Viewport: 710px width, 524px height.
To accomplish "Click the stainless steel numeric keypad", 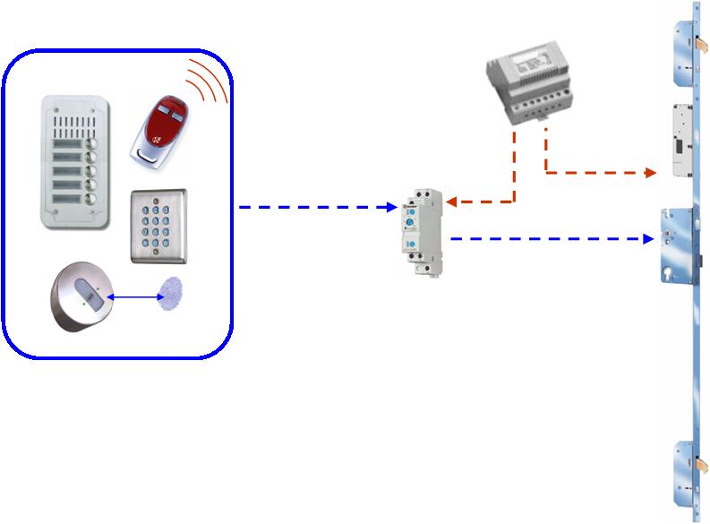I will click(x=159, y=225).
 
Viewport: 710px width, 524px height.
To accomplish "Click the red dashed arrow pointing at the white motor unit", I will click(x=600, y=171).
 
